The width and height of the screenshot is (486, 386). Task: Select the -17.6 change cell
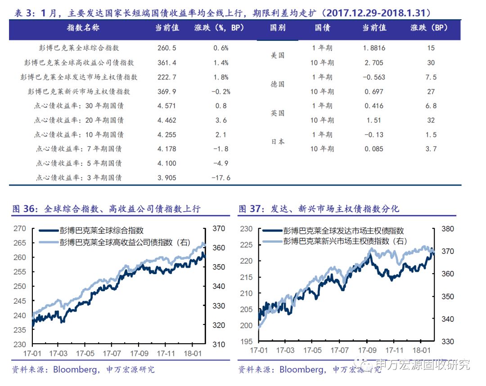(x=220, y=177)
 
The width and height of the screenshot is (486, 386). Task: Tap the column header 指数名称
(x=83, y=28)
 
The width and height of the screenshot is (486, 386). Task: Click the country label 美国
(x=278, y=55)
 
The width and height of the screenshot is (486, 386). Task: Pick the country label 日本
(x=278, y=142)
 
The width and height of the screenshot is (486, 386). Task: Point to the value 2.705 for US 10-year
(x=374, y=63)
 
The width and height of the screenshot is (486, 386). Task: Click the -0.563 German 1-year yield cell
(x=374, y=77)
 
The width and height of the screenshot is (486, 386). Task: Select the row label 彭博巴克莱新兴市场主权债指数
(x=79, y=92)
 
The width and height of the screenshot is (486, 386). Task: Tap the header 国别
(x=278, y=28)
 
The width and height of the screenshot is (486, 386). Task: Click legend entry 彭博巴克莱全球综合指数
(x=101, y=231)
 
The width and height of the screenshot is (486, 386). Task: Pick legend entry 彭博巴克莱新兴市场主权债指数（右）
(x=345, y=241)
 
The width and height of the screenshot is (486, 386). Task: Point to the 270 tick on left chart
(x=20, y=228)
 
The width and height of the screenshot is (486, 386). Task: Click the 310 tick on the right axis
(x=218, y=344)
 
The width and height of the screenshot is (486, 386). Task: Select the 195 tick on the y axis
(x=246, y=342)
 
